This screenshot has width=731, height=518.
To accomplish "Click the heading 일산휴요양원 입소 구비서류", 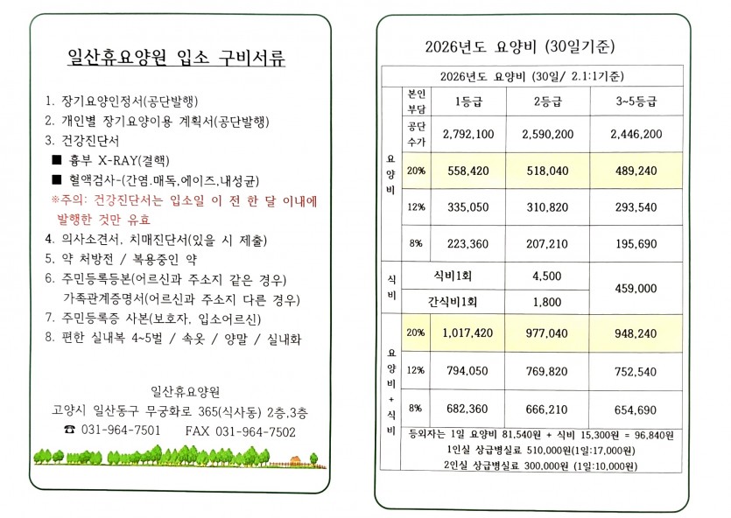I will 177,59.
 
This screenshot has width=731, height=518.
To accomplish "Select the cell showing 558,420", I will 468,171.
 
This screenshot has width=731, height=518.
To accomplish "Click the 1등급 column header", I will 468,101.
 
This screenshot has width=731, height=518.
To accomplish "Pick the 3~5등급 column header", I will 636,101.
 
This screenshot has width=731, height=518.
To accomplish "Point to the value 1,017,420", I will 468,333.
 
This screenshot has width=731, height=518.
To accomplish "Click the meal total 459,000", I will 636,288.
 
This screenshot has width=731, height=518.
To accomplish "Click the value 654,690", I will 636,409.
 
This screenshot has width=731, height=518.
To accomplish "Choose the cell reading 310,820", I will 552,207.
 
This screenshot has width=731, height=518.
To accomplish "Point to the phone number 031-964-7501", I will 120,431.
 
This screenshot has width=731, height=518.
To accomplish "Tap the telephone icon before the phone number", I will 70,431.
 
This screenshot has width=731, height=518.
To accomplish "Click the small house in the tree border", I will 295,458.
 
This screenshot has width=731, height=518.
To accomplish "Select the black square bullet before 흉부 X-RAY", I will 57,161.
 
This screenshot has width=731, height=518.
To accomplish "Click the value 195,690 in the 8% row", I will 636,243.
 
